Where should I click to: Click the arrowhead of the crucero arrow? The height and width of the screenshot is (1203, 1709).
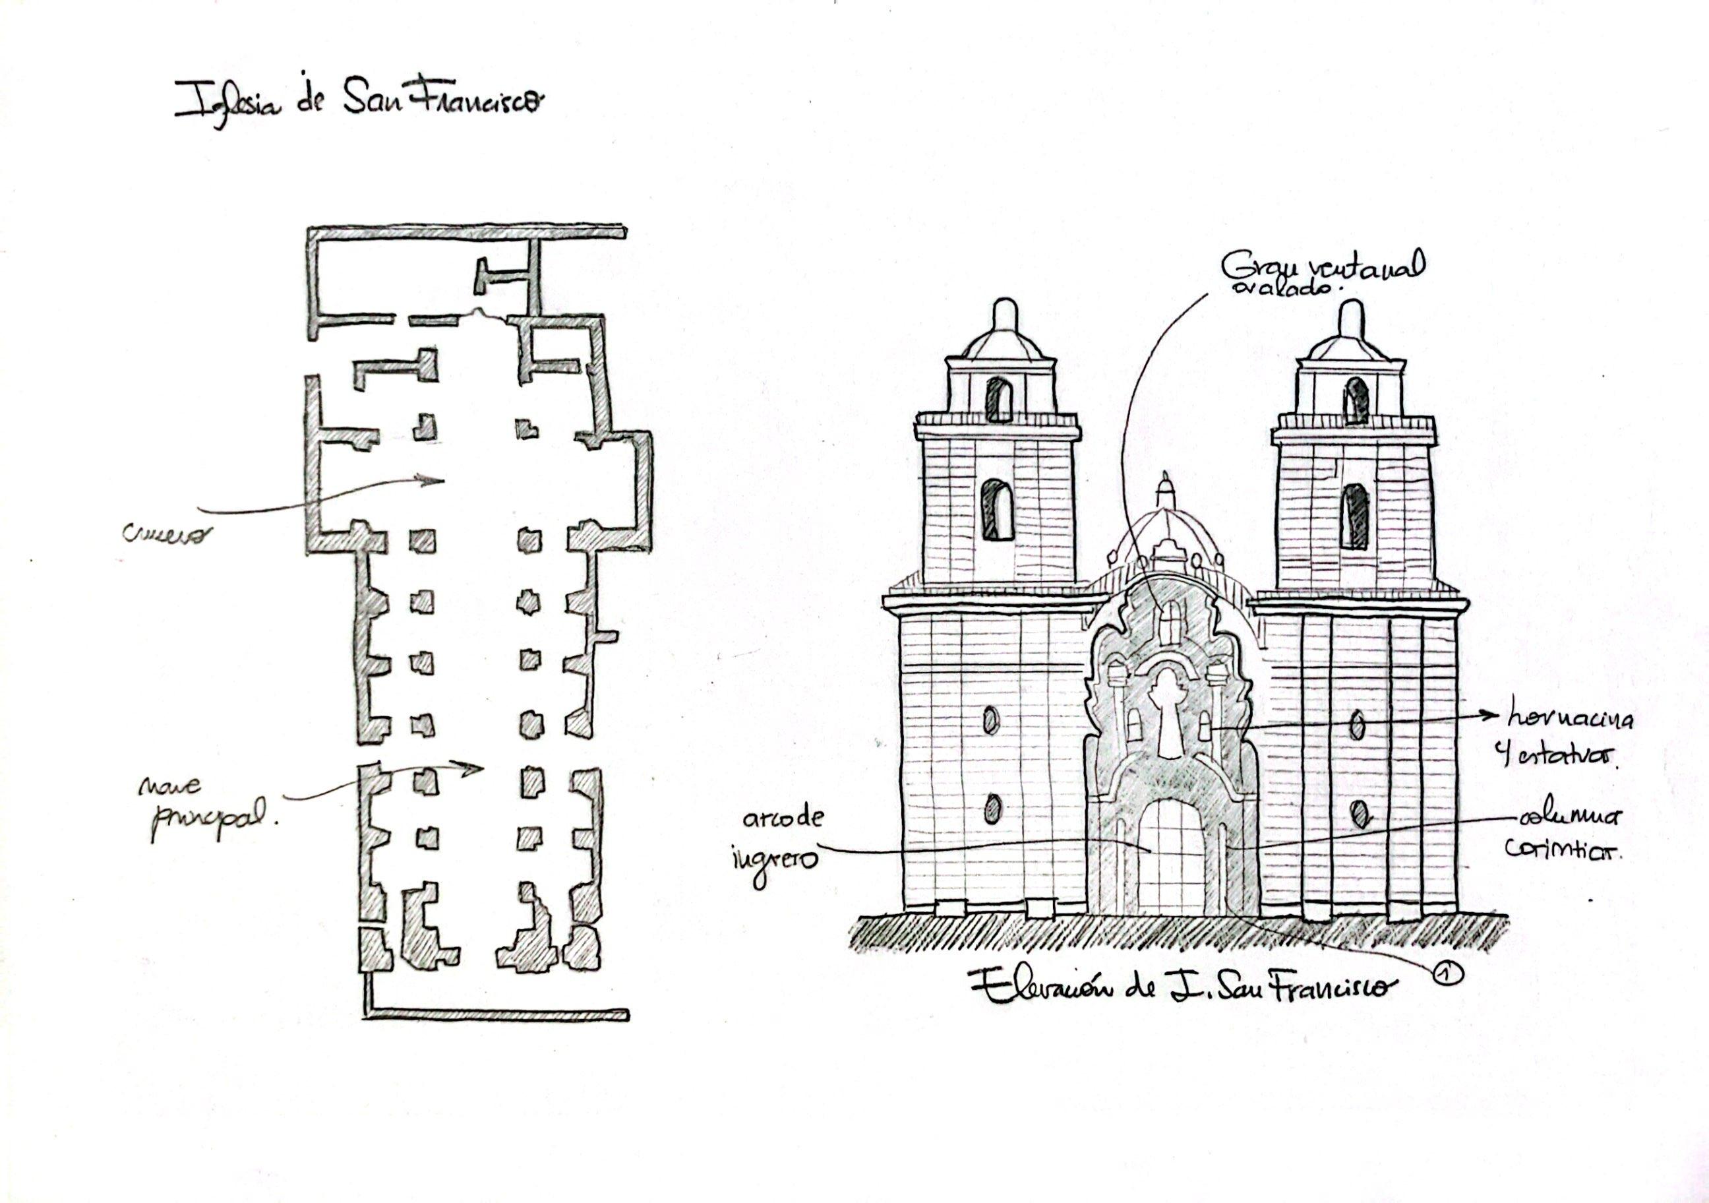point(440,480)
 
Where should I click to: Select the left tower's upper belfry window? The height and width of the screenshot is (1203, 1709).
point(999,400)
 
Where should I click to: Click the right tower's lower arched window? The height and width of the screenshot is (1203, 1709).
point(1354,515)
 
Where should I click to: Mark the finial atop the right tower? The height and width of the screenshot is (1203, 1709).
point(1350,316)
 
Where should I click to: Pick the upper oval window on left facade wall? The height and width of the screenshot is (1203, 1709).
point(991,720)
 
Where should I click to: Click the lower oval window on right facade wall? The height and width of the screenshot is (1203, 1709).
point(1359,815)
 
